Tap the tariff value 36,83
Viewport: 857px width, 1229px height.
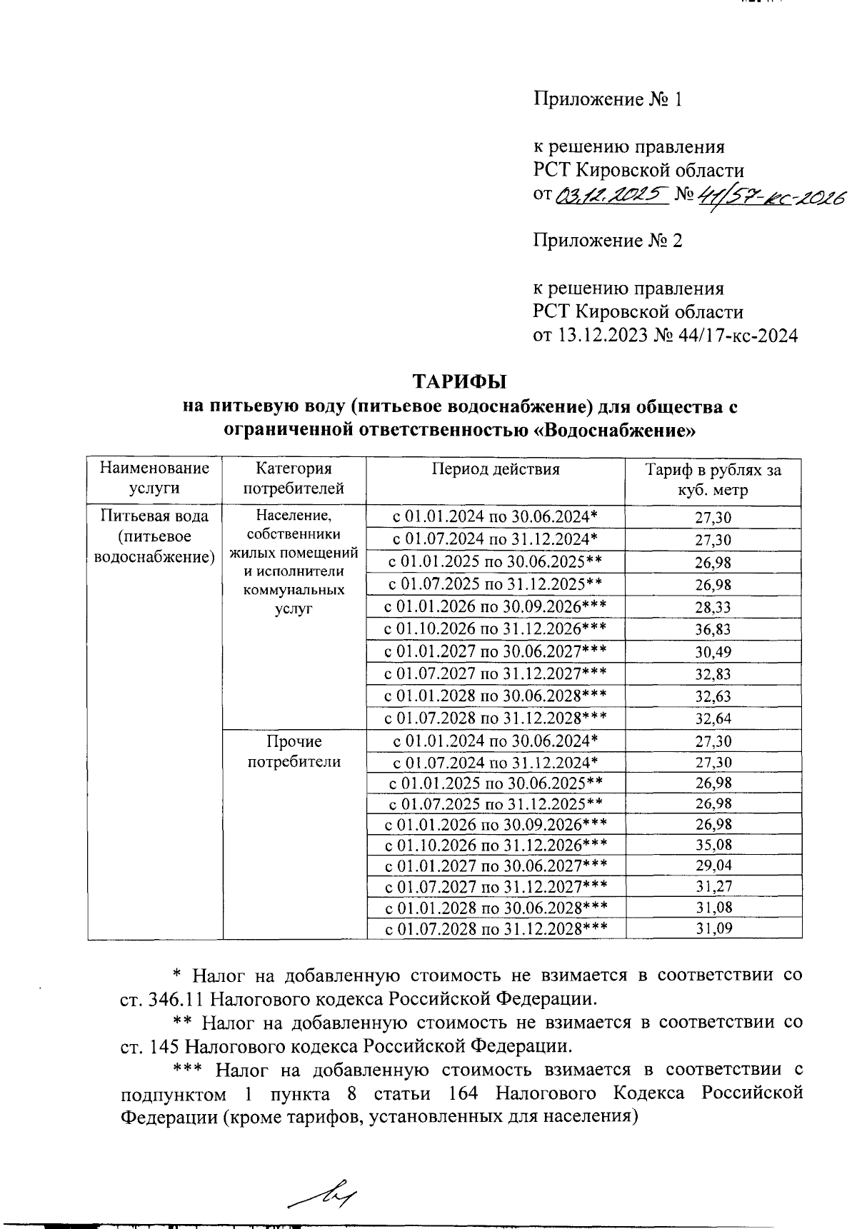point(713,630)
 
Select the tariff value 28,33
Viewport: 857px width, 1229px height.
point(713,608)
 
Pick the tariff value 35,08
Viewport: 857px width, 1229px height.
point(713,846)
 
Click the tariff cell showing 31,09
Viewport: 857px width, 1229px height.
point(713,929)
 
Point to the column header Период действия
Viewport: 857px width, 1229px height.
point(495,469)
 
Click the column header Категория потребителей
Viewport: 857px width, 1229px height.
point(294,478)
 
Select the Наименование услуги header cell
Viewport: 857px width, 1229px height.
point(155,478)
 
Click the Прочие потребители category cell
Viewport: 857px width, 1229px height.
point(294,751)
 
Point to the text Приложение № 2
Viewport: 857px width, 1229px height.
point(608,241)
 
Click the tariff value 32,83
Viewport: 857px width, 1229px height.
point(713,674)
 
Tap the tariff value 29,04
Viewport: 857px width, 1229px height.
point(713,866)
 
